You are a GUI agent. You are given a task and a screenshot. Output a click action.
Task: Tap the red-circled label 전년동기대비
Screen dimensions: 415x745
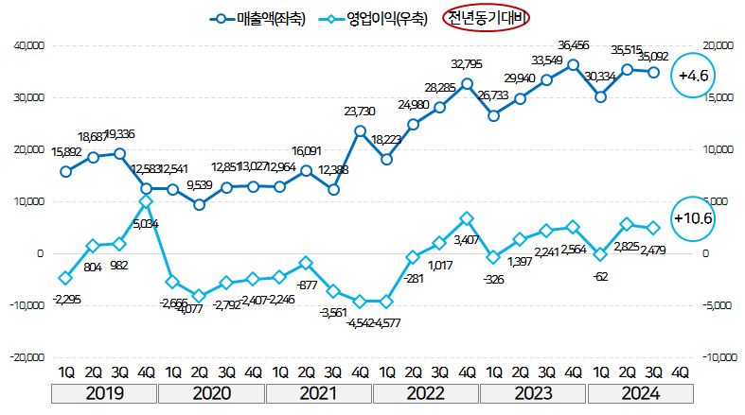coord(486,19)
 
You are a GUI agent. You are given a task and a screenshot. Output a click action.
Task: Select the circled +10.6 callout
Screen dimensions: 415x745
coord(692,217)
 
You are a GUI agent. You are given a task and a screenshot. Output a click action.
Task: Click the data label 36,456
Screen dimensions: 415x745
coord(576,44)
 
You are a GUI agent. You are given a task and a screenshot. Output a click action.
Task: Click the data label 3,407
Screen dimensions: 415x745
coord(468,240)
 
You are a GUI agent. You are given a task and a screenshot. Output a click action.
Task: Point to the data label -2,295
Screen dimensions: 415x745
coord(66,299)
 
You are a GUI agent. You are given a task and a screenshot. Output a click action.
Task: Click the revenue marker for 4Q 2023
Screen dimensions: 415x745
coord(574,64)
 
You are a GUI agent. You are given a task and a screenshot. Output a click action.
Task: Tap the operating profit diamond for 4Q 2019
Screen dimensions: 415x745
coord(146,201)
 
